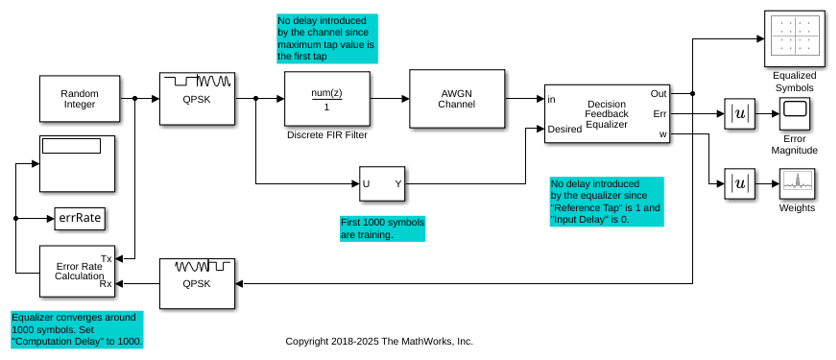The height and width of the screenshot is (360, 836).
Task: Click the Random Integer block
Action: coord(79,99)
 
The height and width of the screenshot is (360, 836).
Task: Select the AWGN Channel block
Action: coord(456,99)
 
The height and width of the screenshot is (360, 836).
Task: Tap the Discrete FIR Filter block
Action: coord(327,99)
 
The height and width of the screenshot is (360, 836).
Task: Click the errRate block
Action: coord(79,218)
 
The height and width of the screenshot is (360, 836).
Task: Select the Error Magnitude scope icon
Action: coord(794,113)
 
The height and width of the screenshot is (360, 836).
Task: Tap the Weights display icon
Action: coord(797,184)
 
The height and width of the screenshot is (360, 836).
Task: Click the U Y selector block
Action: coord(382,184)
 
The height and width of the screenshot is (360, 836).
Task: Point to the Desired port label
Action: coord(565,129)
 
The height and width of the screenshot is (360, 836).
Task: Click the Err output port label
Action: coord(660,114)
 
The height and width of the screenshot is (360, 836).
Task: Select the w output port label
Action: coord(663,134)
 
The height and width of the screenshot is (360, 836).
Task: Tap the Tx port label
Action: coord(106,259)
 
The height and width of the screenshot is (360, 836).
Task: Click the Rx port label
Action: coord(106,284)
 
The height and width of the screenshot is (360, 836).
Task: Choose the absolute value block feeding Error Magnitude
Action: coord(740,114)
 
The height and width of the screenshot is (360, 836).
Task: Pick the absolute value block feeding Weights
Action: coord(740,184)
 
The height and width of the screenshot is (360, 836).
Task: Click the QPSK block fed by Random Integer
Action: coord(197,99)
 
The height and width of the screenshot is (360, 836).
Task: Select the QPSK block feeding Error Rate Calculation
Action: coord(197,283)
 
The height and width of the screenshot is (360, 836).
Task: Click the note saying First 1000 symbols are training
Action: coord(382,228)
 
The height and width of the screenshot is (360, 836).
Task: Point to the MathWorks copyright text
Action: coord(379,341)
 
